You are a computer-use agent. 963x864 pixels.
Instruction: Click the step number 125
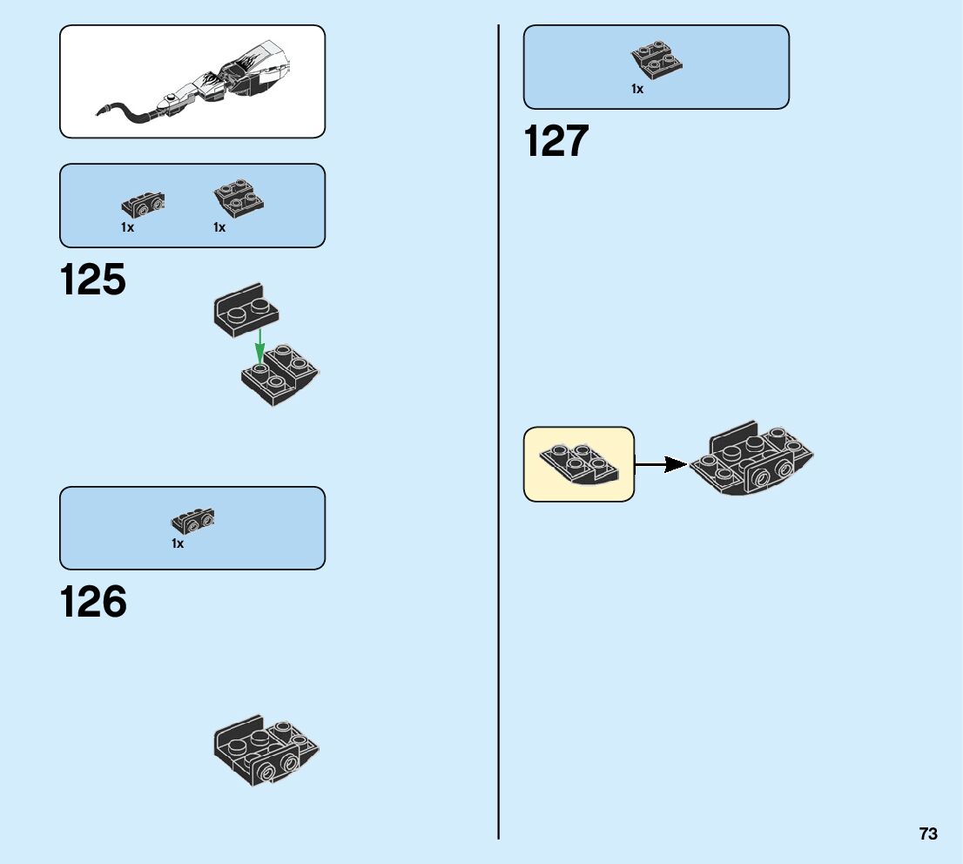(93, 280)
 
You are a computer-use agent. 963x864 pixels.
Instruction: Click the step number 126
(93, 603)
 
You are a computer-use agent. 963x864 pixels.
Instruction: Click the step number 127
(556, 141)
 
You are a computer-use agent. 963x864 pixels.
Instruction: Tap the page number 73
(927, 834)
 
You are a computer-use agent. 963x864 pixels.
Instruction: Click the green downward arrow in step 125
(259, 347)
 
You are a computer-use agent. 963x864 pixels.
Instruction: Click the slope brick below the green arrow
(280, 376)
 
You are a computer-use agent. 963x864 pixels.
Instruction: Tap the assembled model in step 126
(266, 750)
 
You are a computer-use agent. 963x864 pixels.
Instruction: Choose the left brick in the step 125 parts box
(144, 205)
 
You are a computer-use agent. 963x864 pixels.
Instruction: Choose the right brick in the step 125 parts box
(239, 199)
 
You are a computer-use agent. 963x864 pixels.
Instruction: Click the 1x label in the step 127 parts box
(637, 89)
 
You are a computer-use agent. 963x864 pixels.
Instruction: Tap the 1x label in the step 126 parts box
(178, 543)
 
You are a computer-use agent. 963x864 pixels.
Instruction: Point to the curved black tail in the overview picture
(131, 112)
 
